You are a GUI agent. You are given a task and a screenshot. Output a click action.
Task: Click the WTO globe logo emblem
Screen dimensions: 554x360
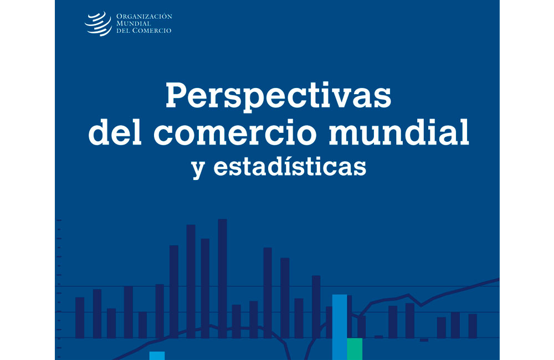[98, 24]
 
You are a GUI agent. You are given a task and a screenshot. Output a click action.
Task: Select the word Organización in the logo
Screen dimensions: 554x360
[144, 16]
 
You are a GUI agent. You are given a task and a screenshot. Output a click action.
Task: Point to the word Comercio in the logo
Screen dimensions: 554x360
[152, 30]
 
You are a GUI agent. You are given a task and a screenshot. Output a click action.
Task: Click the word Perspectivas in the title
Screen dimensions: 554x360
[279, 96]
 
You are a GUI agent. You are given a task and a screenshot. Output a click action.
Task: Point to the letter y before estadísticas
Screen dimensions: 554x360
[198, 169]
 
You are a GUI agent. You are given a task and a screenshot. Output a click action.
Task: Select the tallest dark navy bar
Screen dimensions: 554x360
[222, 279]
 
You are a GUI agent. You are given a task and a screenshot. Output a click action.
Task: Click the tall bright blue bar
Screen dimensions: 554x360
[340, 327]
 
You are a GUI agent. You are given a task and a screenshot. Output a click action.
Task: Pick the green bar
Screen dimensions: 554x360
[355, 349]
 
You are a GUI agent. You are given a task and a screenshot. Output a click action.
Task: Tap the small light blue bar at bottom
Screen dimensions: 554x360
[157, 356]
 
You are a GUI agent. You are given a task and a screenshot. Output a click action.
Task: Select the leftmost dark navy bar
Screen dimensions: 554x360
[80, 317]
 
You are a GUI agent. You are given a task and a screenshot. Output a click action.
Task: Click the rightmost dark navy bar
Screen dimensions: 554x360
[473, 326]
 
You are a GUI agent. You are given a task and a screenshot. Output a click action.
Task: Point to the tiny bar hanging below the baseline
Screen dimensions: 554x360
[424, 340]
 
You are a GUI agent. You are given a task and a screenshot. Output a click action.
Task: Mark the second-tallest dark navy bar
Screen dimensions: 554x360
[191, 281]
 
